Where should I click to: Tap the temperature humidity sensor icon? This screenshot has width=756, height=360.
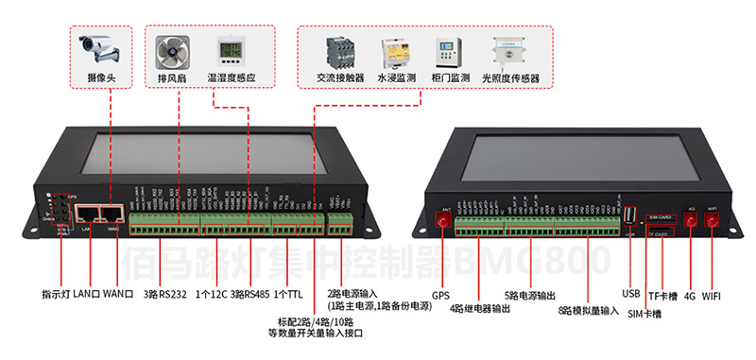[x=231, y=50]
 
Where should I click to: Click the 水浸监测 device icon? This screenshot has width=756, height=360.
[x=395, y=51]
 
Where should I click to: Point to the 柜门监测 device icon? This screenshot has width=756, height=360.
[x=449, y=51]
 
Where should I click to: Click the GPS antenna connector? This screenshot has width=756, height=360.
[x=439, y=221]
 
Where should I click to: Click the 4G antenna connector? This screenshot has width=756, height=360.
[x=691, y=220]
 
